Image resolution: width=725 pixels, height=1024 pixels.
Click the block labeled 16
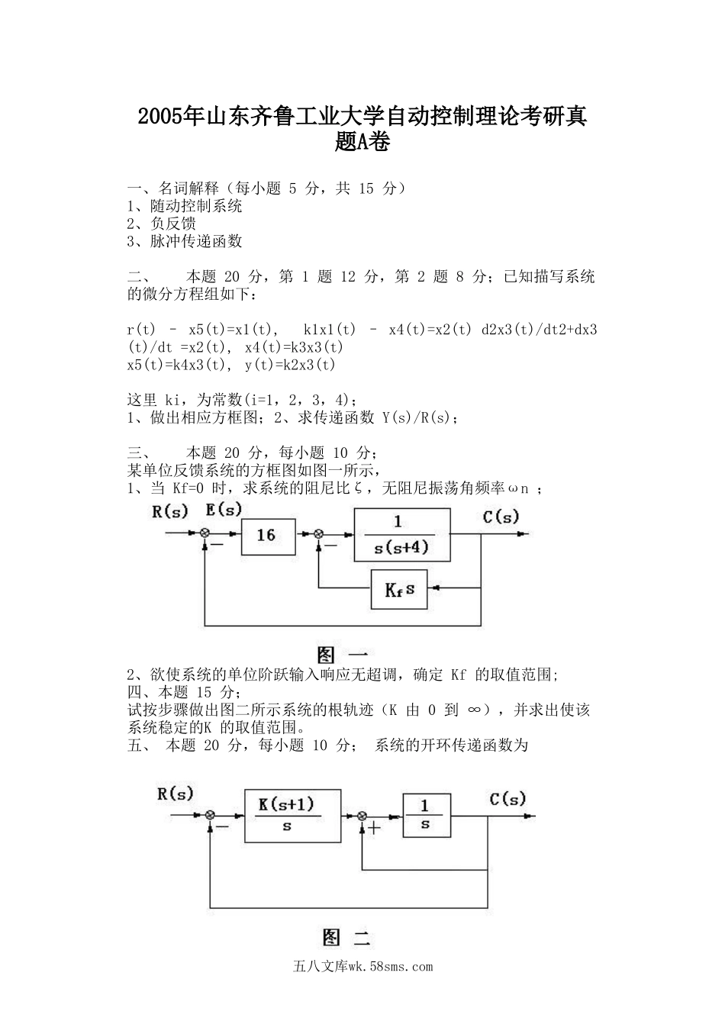point(266,535)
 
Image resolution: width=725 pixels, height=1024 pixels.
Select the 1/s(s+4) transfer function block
point(401,535)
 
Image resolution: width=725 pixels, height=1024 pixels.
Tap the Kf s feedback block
point(399,589)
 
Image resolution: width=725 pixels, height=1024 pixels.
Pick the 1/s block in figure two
point(426,815)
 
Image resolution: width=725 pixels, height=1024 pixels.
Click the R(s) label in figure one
point(169,511)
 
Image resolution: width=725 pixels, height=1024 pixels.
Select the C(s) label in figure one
point(501,517)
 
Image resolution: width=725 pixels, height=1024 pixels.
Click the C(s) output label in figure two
point(507,799)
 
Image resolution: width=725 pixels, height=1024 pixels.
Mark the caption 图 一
point(343,655)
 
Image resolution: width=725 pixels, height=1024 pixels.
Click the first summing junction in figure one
point(205,534)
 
